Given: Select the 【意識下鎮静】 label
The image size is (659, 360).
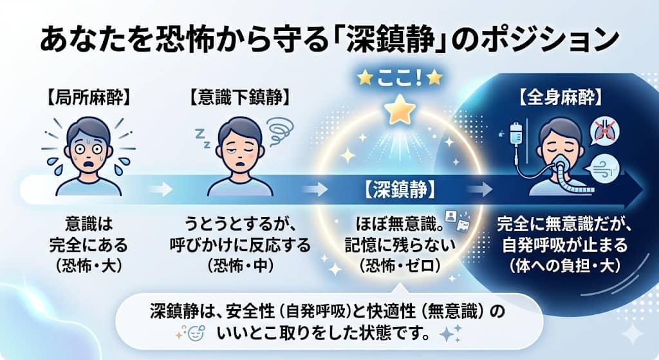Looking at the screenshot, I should tap(239, 99).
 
